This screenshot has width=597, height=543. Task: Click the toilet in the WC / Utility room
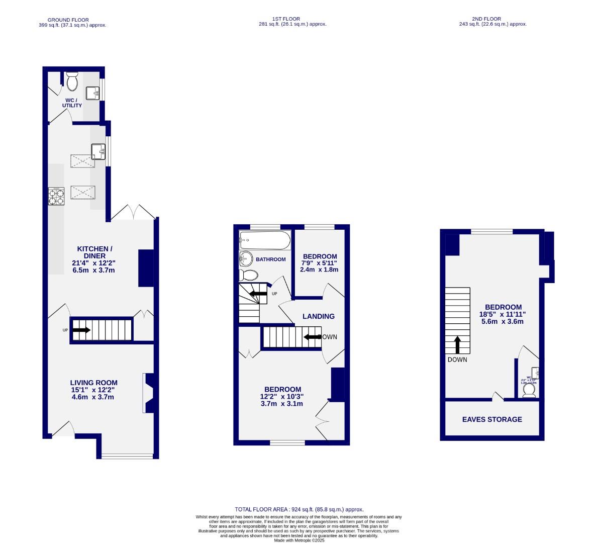pos(73,80)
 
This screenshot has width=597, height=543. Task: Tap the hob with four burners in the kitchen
pos(56,196)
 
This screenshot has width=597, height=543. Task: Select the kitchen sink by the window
pos(98,151)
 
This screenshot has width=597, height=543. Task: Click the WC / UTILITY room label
pos(72,103)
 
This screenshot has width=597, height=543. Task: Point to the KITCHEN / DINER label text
pos(94,252)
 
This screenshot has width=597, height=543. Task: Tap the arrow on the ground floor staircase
pos(81,330)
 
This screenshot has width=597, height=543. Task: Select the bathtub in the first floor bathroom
pos(265,240)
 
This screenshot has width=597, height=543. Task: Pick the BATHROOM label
pos(270,259)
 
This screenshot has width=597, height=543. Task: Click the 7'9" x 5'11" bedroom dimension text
pos(319,263)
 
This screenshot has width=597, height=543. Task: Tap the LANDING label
pos(318,316)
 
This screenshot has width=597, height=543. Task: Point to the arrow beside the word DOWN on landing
pos(312,337)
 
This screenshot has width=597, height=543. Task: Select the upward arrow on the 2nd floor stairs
pos(457,345)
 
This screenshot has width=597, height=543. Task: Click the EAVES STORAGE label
pos(492,419)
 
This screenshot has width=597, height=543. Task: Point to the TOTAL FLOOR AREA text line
pos(298,509)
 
